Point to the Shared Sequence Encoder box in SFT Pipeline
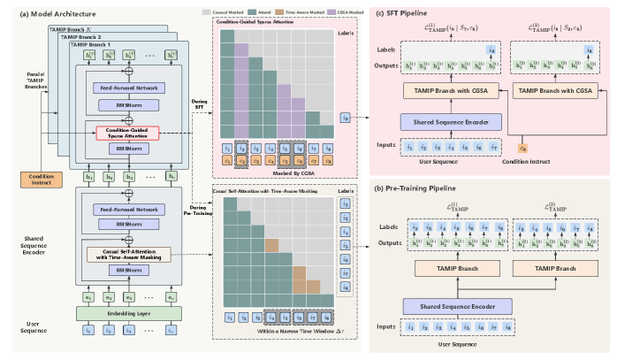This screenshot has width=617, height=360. (x=450, y=120)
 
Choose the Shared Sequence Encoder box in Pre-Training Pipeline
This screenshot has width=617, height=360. (x=450, y=305)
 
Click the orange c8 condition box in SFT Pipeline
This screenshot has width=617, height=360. (x=523, y=149)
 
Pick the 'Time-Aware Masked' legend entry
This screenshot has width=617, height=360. (x=288, y=11)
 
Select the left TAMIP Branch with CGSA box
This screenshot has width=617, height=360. (x=450, y=92)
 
